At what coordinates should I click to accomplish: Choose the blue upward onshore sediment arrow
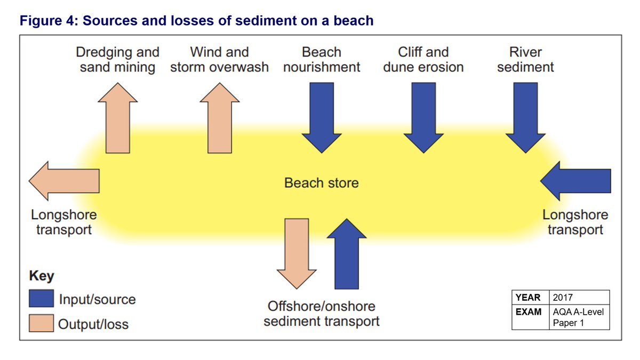346,253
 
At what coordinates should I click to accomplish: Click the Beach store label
321,183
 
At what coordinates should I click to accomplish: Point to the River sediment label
525,60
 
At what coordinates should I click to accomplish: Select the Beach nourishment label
322,60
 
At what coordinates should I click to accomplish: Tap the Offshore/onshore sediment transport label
322,314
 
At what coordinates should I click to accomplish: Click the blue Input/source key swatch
41,299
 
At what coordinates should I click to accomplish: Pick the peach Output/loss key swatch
41,323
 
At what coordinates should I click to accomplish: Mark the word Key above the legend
41,276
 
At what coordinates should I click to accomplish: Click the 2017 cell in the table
579,298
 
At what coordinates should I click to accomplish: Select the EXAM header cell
530,311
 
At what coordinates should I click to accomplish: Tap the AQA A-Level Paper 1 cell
579,317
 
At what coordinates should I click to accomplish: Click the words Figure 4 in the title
47,21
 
